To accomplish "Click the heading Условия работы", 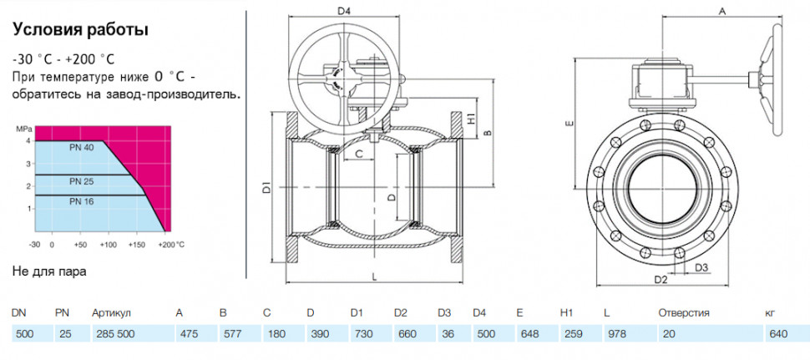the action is point(80,30).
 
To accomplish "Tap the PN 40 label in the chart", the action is point(82,147).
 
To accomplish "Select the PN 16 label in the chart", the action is point(82,201).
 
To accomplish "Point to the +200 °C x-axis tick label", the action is point(171,244).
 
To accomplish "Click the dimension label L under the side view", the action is point(373,276).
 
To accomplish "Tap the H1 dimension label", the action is point(471,117).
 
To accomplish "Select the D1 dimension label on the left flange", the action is point(266,187).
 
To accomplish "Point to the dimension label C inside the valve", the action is point(360,154).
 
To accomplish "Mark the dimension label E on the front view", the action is point(569,124).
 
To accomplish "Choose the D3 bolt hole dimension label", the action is point(701,267).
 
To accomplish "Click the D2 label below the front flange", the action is point(661,280).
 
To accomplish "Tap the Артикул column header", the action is point(111,313).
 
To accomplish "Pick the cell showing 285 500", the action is point(113,333).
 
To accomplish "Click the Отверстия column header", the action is point(683,313).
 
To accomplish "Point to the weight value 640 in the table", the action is point(778,333).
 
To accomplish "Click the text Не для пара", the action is point(49,271).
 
